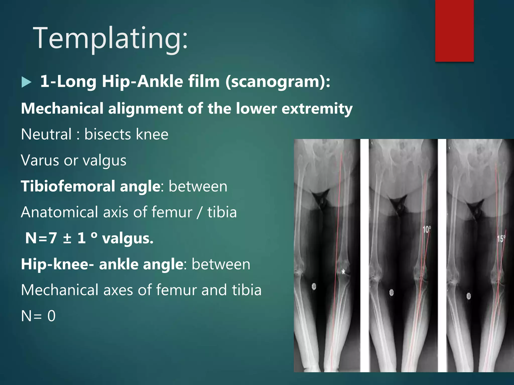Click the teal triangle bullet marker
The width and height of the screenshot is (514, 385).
point(26,82)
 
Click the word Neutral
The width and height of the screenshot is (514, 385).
point(46,134)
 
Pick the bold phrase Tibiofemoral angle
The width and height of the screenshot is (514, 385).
point(91,186)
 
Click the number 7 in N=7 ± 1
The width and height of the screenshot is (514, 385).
point(53,238)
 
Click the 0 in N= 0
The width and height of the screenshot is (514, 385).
point(51,316)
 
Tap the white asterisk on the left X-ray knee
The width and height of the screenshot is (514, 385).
point(343,271)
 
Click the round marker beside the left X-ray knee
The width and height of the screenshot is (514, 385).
point(314,286)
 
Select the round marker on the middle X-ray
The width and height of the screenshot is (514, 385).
point(391,292)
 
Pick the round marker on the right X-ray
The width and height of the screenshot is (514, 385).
point(468,296)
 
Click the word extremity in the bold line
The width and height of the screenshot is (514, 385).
point(317,109)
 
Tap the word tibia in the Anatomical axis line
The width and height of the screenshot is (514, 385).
point(222,212)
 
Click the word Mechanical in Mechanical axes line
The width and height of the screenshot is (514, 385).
point(59,290)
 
